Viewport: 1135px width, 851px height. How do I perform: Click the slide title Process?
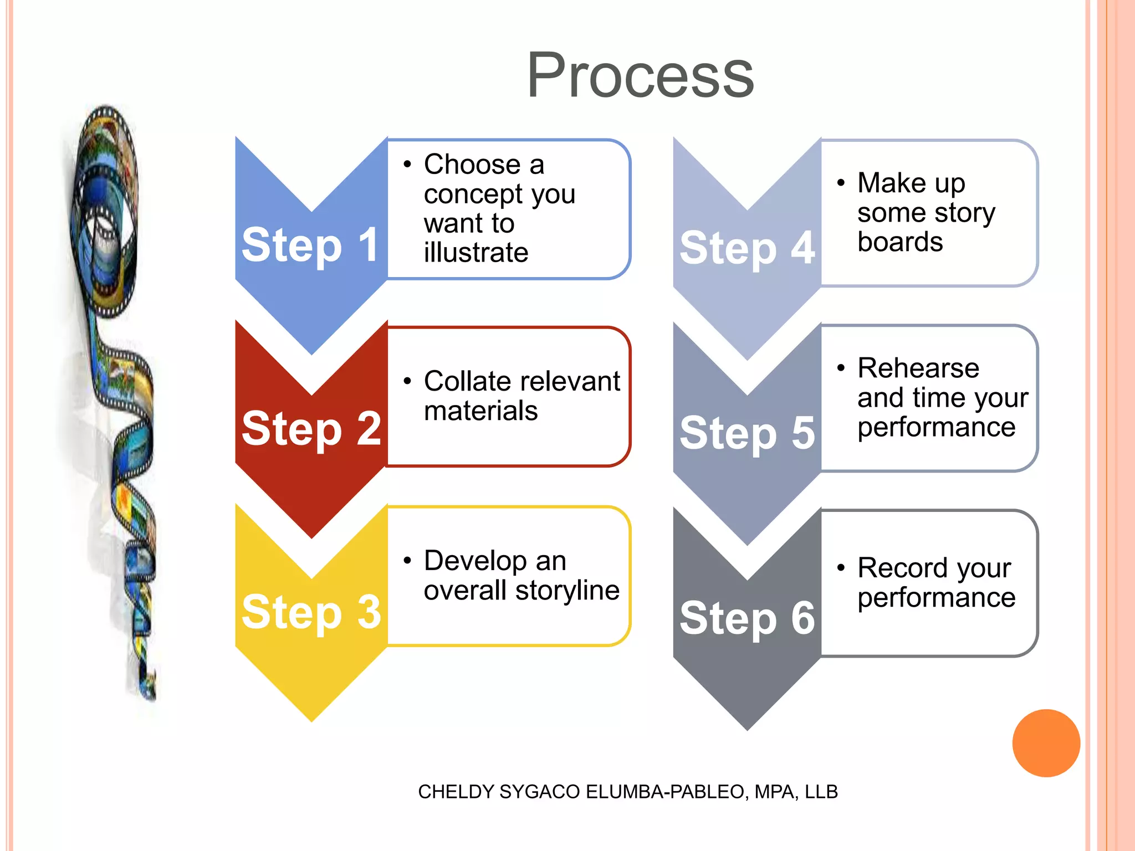pos(640,75)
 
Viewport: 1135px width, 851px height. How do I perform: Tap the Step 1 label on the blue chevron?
pos(310,245)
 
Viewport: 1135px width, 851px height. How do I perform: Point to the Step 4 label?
pos(747,248)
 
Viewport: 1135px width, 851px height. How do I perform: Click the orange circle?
pos(1046,743)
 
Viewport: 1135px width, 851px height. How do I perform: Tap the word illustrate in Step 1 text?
pos(476,253)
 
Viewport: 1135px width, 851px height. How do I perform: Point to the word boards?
pos(900,242)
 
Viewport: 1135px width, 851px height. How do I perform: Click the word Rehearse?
pos(918,368)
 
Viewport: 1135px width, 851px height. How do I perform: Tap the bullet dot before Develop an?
pos(407,561)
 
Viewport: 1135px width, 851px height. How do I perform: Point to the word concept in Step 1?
pos(473,194)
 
